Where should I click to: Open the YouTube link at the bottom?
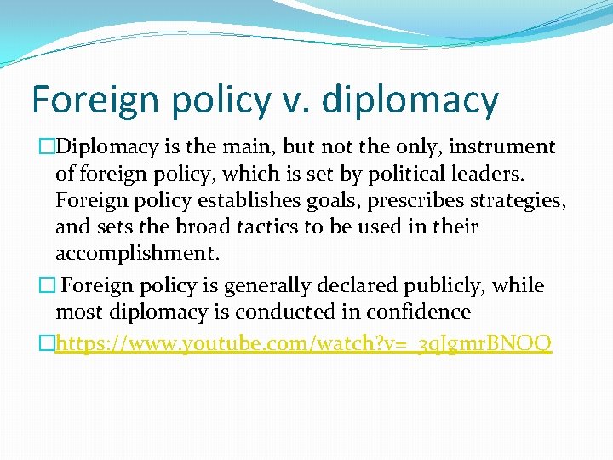[x=303, y=343]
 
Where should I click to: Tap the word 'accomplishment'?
[x=136, y=254]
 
